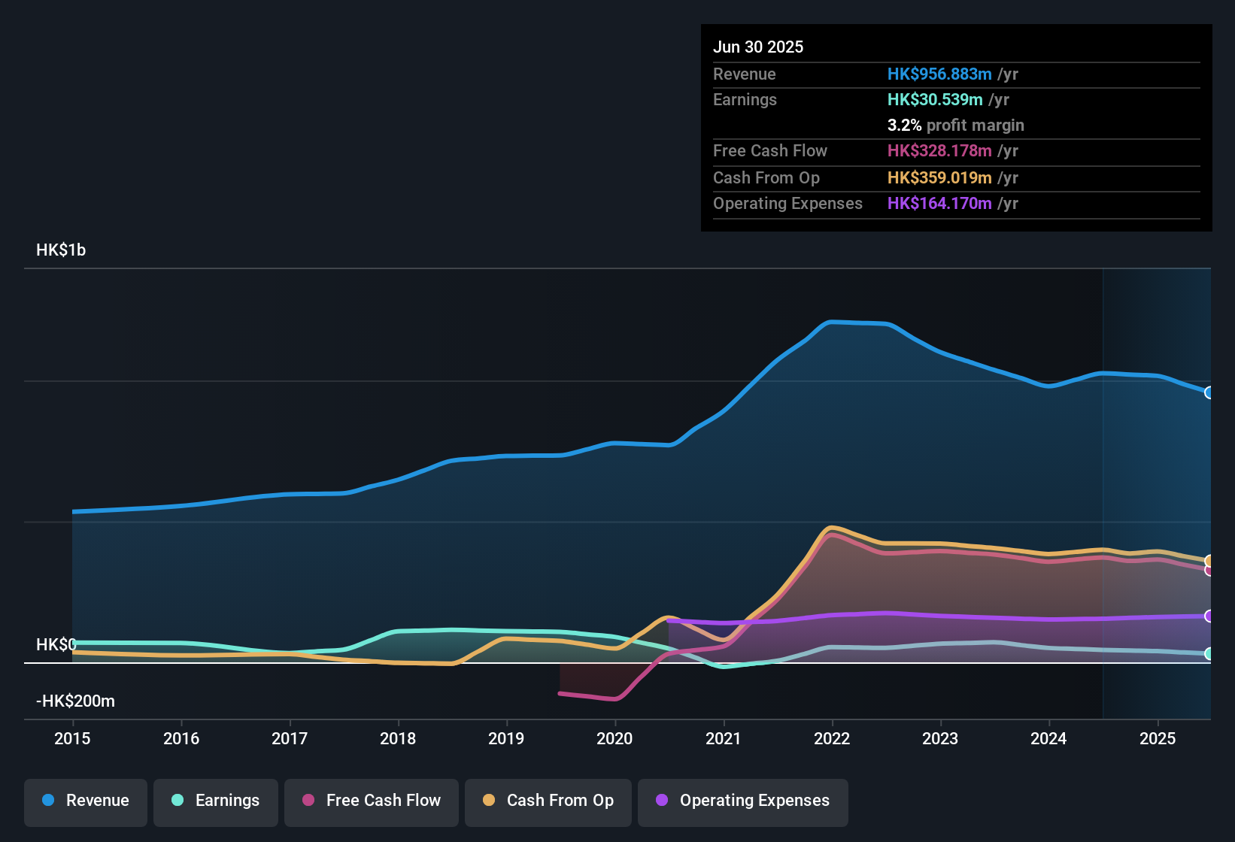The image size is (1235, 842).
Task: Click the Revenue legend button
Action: tap(86, 801)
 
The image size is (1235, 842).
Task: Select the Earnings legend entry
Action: tap(216, 801)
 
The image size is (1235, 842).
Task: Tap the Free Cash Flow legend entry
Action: tap(372, 801)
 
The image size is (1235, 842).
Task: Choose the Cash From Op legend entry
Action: tap(548, 801)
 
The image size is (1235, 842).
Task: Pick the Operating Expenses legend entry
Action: tap(743, 801)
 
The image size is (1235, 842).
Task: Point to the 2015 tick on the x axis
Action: tap(72, 738)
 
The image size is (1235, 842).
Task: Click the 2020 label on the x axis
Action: tap(614, 738)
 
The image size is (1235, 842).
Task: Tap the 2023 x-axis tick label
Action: tap(940, 738)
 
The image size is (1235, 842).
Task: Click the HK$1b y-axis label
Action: tap(61, 250)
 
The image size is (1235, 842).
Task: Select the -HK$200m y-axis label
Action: tap(75, 701)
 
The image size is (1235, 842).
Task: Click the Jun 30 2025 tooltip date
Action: tap(758, 47)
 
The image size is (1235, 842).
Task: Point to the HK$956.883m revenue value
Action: tap(939, 74)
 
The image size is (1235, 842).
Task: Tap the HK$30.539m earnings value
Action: tap(935, 100)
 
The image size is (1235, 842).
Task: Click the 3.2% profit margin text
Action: tap(955, 126)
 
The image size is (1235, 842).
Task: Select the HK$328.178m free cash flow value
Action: tap(939, 151)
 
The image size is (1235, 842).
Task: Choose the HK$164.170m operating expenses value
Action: tap(939, 204)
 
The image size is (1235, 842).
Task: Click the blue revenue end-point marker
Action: tap(1209, 392)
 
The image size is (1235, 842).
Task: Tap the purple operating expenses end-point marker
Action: tap(1209, 616)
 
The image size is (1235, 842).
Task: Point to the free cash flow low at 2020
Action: tap(615, 699)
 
